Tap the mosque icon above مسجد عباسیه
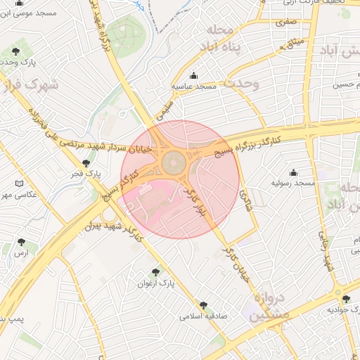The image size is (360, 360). (x=194, y=76)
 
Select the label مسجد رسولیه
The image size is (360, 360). (x=294, y=183)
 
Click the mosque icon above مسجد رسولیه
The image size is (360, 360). (x=293, y=172)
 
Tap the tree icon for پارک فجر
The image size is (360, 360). (x=86, y=162)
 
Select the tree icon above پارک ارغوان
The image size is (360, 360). (x=155, y=271)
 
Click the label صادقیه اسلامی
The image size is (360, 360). (x=205, y=316)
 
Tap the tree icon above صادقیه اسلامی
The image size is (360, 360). (x=203, y=305)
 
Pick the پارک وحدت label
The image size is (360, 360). (x=18, y=62)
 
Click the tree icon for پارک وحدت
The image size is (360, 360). (x=16, y=51)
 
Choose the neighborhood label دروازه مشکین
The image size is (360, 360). (x=265, y=307)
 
